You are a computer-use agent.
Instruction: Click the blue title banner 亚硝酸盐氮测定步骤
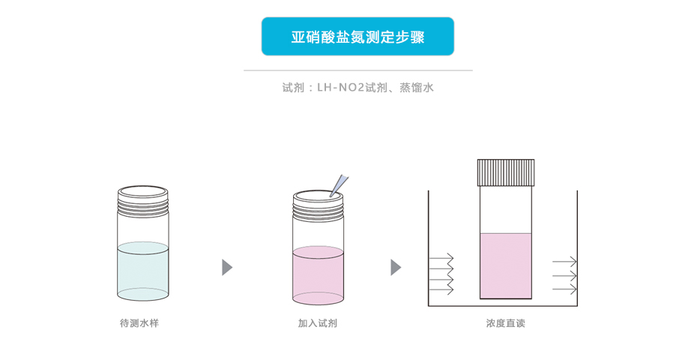357,37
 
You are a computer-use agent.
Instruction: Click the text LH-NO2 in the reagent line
340,88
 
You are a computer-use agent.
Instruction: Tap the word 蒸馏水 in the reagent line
417,88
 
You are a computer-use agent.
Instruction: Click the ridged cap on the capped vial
506,172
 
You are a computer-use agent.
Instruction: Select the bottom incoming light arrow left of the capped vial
441,290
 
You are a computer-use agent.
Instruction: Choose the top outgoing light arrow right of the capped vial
564,262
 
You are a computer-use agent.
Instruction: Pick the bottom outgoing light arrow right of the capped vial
564,289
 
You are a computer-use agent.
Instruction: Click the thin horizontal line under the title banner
357,70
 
